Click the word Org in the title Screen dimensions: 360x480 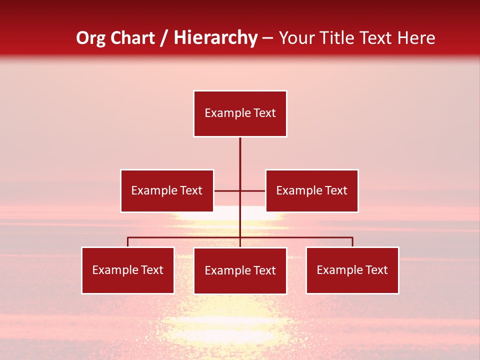pyautogui.click(x=90, y=38)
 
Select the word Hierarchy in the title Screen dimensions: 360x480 pyautogui.click(x=215, y=38)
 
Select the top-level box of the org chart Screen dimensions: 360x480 pyautogui.click(x=240, y=113)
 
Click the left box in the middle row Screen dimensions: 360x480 pyautogui.click(x=167, y=190)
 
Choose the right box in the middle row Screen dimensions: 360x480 pyautogui.click(x=312, y=190)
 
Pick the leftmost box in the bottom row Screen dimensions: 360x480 pyautogui.click(x=128, y=270)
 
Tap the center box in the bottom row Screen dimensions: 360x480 pyautogui.click(x=240, y=270)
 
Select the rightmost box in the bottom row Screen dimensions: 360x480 pyautogui.click(x=352, y=270)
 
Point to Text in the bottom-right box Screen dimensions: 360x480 pyautogui.click(x=376, y=270)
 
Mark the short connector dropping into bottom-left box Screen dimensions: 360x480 pyautogui.click(x=128, y=242)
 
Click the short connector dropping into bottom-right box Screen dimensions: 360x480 pyautogui.click(x=352, y=242)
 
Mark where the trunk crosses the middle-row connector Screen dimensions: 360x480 pyautogui.click(x=240, y=190)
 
